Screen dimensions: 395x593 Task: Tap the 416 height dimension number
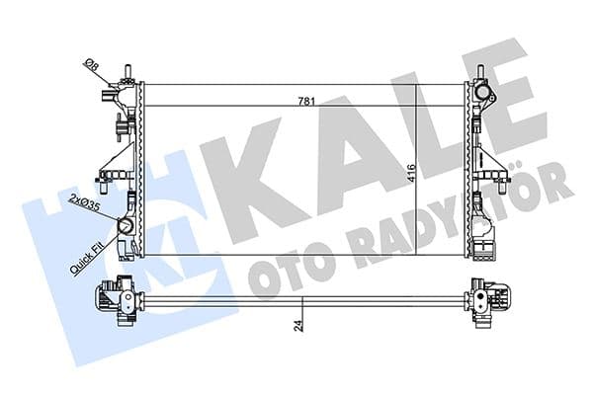pyautogui.click(x=409, y=176)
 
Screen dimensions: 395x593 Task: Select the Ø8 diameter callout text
pyautogui.click(x=91, y=68)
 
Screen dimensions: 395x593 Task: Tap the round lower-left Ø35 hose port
pyautogui.click(x=127, y=226)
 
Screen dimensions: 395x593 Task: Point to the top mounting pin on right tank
pyautogui.click(x=480, y=69)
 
